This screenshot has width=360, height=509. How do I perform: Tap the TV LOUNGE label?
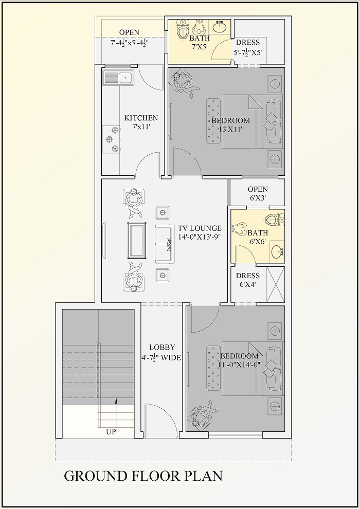[200, 228]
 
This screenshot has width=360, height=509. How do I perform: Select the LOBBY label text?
[162, 348]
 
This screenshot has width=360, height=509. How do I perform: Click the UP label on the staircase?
[111, 432]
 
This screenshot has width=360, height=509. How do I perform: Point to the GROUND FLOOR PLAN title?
[143, 476]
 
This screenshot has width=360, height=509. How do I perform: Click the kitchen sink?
[118, 78]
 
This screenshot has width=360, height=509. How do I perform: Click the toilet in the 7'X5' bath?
[183, 29]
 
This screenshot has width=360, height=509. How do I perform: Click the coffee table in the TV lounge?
[137, 241]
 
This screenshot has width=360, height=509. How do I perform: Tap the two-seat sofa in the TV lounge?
[164, 244]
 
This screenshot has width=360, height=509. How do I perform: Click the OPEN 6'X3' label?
[258, 193]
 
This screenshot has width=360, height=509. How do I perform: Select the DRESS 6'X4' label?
[248, 280]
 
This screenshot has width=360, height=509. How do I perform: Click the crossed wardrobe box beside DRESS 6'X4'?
[276, 285]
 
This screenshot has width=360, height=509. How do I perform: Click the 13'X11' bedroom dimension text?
[230, 129]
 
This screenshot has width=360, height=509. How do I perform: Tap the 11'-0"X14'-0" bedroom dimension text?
[240, 365]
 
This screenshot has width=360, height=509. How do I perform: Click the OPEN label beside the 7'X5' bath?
[129, 32]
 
